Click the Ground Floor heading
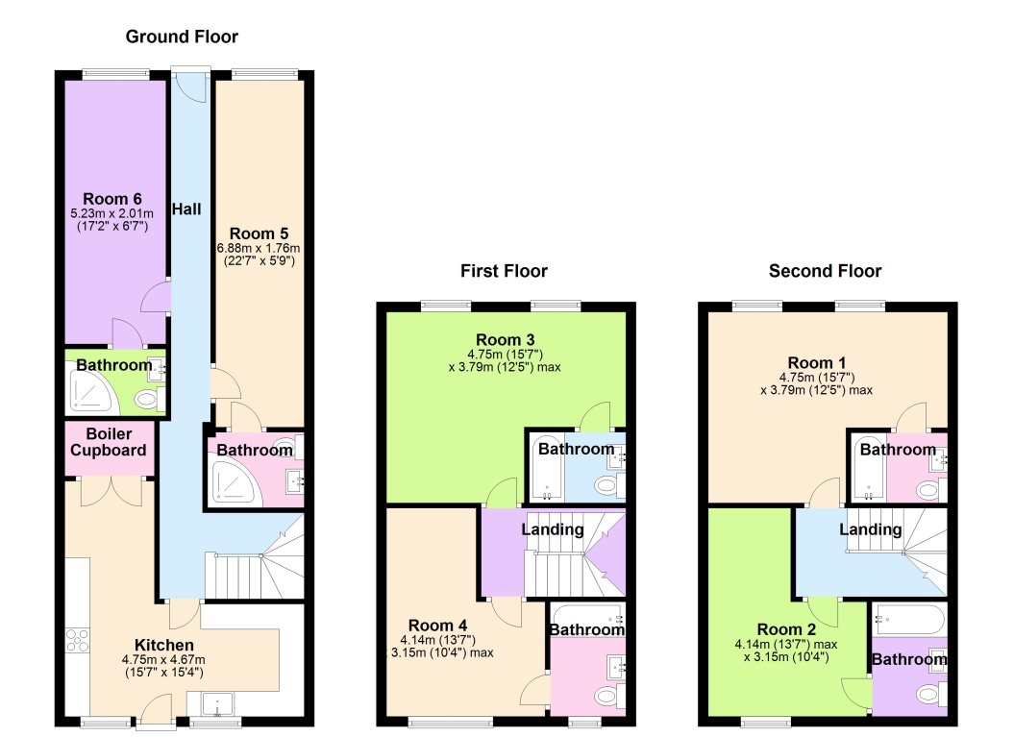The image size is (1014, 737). click(x=182, y=37)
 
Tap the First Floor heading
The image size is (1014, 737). click(x=505, y=271)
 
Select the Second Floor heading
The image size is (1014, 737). click(x=825, y=271)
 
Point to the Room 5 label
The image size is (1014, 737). click(x=259, y=233)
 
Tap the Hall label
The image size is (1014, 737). click(x=186, y=209)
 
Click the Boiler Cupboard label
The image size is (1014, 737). click(x=110, y=442)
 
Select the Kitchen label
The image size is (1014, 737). click(x=164, y=645)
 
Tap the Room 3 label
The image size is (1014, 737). click(x=505, y=339)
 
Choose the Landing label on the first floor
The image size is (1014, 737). click(x=552, y=529)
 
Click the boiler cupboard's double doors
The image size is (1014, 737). click(x=110, y=490)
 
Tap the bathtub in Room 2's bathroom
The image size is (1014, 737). click(x=908, y=617)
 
